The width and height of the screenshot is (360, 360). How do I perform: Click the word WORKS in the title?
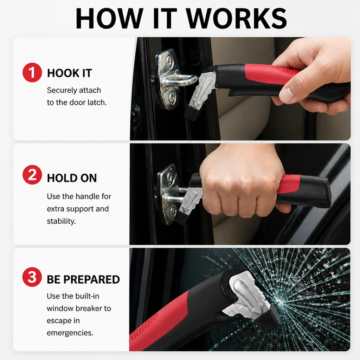coord(237,18)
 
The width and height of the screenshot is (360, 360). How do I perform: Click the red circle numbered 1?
coord(32,72)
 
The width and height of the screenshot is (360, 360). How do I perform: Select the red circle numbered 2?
coord(32,175)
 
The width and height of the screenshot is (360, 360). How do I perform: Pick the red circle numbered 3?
coord(32,277)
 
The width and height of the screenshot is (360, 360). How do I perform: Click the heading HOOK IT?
coord(69,73)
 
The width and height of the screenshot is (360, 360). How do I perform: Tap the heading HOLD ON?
coord(72,178)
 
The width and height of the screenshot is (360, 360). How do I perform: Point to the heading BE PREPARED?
coord(83,279)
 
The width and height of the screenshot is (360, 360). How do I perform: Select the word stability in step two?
coord(61,221)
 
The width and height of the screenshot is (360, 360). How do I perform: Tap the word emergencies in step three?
coord(70,333)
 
